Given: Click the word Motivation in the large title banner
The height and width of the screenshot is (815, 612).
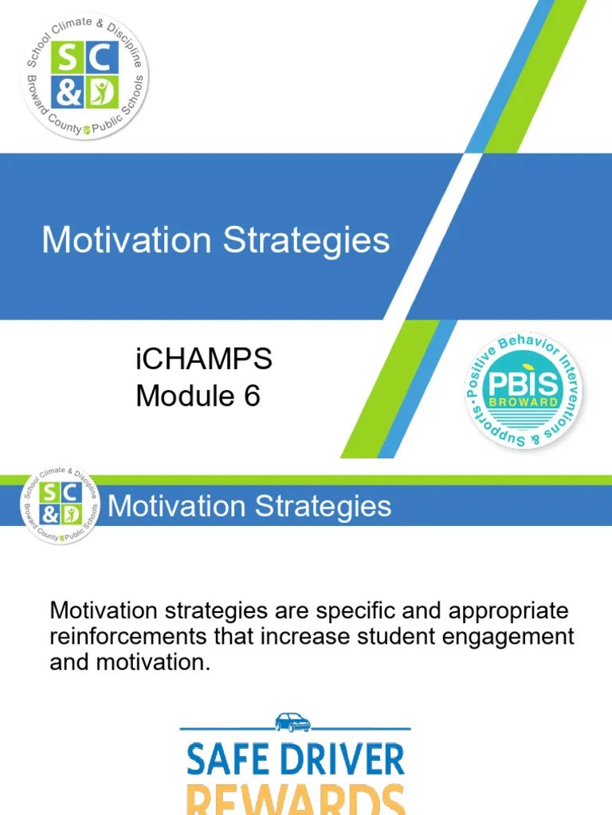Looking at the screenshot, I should pos(127,240).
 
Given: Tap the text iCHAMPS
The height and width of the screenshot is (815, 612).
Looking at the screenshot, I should pos(204,360).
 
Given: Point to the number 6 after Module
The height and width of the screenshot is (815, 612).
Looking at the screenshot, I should pos(251,396).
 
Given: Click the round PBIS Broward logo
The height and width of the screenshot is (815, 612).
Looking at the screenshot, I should pos(523,392).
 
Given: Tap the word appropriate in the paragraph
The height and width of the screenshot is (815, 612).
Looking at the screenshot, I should pos(501,612).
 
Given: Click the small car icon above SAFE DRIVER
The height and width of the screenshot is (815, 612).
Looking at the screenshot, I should pos(293,722).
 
